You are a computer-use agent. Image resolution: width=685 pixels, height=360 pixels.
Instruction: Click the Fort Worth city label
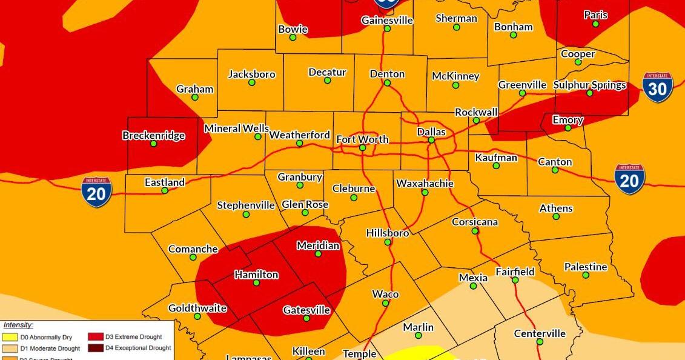point(362,139)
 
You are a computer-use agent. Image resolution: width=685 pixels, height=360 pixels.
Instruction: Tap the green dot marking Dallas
point(431,141)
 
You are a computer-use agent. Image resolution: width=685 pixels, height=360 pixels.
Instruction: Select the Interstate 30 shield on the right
point(657,87)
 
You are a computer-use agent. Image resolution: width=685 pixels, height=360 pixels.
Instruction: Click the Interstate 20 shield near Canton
point(629,179)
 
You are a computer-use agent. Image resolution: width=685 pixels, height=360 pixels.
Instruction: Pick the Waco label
point(385,294)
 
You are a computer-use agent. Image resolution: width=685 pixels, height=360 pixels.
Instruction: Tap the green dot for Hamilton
point(256,283)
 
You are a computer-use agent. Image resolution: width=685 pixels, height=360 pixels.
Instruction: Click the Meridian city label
point(318,245)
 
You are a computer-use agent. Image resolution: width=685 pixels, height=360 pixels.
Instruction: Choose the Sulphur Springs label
point(589,85)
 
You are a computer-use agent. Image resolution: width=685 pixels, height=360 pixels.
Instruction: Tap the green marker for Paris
point(596,24)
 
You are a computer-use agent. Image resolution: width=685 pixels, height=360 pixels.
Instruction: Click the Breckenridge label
point(154,135)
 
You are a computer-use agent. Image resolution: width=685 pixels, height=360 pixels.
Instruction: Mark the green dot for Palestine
point(586,275)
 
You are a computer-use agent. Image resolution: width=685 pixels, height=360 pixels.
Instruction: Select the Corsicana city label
point(475,222)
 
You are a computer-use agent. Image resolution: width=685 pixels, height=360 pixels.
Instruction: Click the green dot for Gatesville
point(306,318)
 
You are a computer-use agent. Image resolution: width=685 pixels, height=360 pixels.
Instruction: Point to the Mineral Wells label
point(236,128)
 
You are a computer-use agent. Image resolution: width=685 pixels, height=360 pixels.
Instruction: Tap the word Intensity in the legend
point(18,325)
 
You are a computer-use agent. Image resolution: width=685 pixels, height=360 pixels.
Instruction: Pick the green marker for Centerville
point(540,342)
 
